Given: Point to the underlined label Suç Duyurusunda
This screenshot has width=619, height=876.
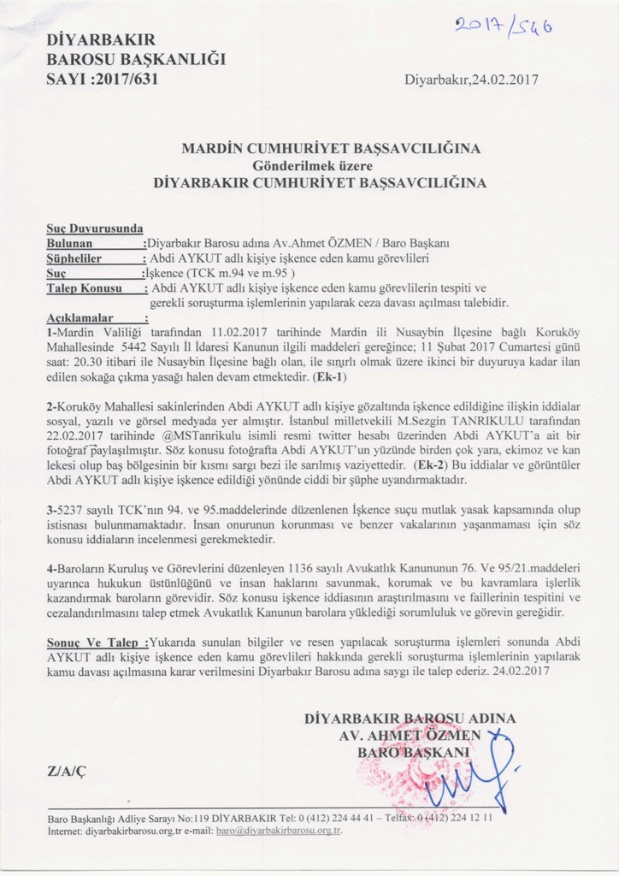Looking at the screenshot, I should tap(95, 228).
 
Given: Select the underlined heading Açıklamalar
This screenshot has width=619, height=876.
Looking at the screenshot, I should tap(79, 318).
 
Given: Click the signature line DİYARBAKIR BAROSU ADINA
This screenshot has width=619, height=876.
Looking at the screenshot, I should tap(410, 719).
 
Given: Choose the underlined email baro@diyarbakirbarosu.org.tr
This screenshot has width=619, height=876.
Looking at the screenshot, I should tap(279, 831).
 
